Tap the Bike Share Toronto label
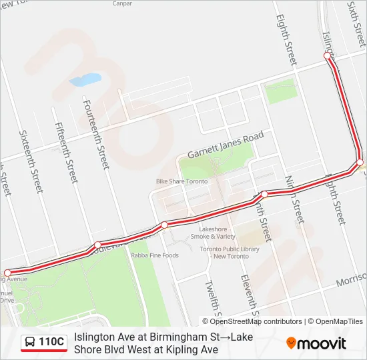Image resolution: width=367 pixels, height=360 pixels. (181, 181)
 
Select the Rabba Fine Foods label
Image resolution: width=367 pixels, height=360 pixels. (155, 255)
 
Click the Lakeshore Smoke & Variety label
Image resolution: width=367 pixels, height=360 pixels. (213, 232)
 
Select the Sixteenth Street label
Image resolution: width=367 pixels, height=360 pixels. (31, 162)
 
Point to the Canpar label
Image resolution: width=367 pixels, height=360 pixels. (122, 3)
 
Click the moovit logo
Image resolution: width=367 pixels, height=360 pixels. (316, 343)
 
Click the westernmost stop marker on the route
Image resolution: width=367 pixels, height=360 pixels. (8, 273)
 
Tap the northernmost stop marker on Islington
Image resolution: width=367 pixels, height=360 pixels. (328, 57)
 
